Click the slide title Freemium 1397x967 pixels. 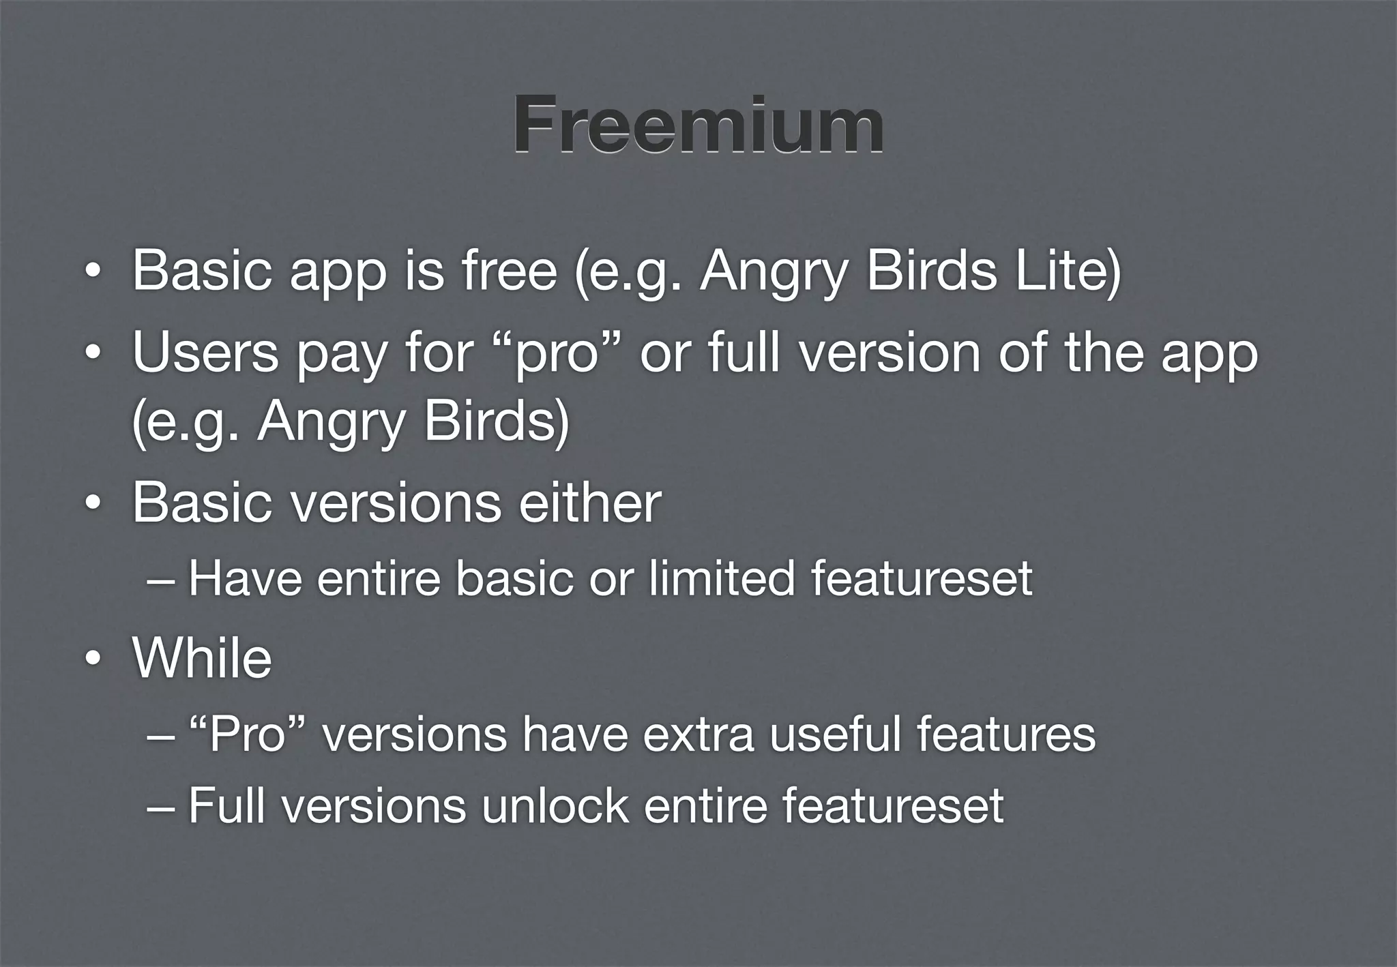coord(698,125)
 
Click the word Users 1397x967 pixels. coord(205,353)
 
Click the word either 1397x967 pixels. coord(589,503)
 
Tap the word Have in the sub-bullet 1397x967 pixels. coord(245,578)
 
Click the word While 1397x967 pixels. coord(203,658)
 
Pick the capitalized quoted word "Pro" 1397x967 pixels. coord(247,735)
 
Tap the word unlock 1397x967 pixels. coord(555,805)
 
